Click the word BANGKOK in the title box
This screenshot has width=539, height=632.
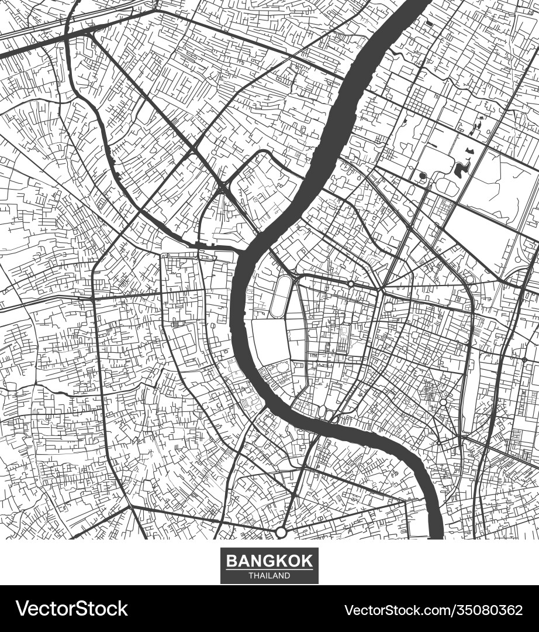click(x=269, y=561)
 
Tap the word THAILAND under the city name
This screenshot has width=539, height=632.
click(x=269, y=576)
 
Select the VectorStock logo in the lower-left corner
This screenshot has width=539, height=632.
click(x=71, y=609)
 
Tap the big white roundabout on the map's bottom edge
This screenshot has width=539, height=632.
click(x=281, y=532)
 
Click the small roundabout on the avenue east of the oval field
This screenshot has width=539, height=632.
click(x=350, y=284)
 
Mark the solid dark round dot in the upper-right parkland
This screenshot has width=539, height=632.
click(x=423, y=176)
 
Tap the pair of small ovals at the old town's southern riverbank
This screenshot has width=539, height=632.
click(x=325, y=414)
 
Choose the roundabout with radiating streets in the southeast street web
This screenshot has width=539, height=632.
click(x=443, y=403)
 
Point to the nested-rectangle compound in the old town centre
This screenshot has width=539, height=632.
click(x=343, y=336)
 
